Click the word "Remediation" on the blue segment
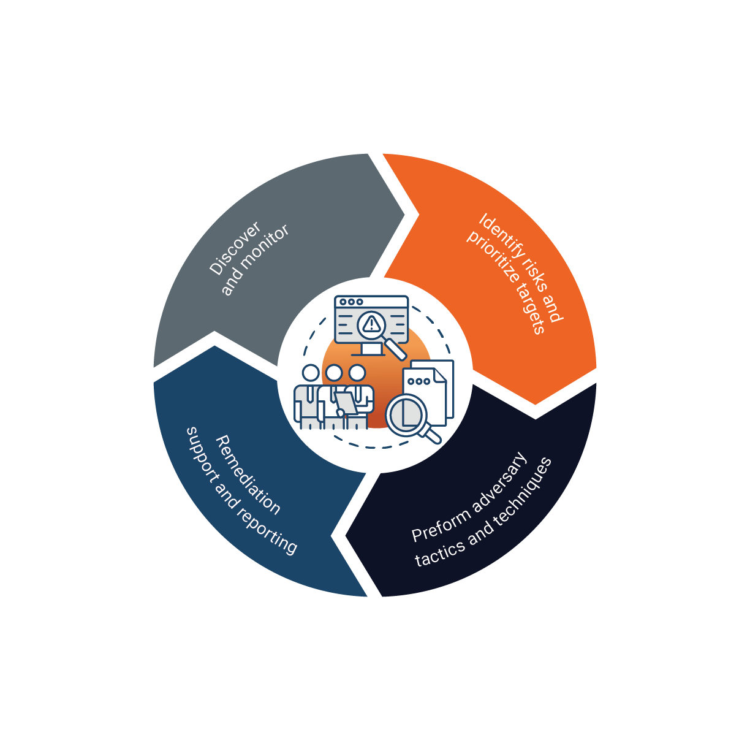[x=248, y=475]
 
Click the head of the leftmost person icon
[x=311, y=373]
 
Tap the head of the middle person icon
[x=334, y=373]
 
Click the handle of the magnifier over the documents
[x=431, y=435]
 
